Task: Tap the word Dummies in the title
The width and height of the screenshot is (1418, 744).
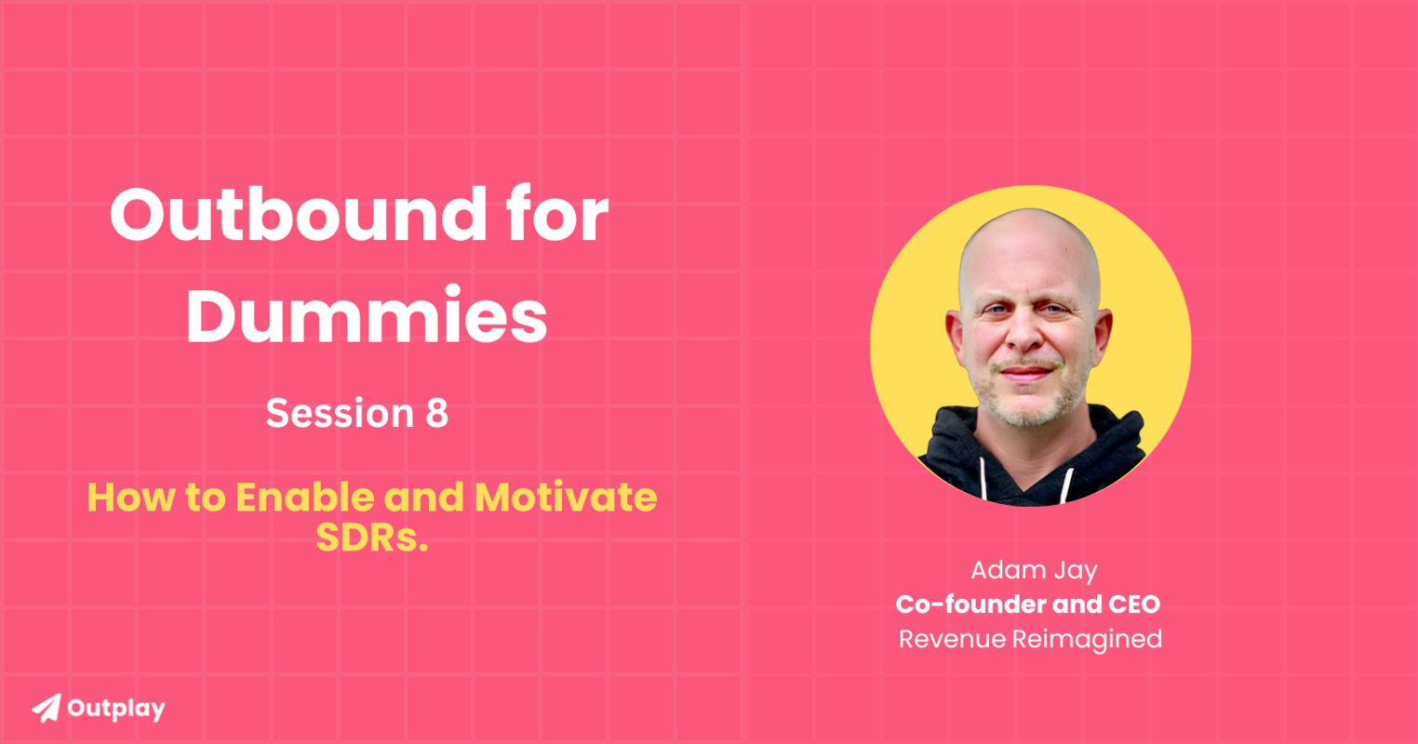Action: (367, 316)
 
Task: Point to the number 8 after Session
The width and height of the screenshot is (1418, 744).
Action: (436, 413)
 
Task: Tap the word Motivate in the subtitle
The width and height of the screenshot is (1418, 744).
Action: (566, 498)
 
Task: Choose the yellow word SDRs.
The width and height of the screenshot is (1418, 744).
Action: (371, 538)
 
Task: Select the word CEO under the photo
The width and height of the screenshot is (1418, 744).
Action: (1133, 604)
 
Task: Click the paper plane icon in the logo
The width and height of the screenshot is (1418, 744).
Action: (46, 708)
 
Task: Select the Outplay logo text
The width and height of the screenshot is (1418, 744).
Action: (116, 709)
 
